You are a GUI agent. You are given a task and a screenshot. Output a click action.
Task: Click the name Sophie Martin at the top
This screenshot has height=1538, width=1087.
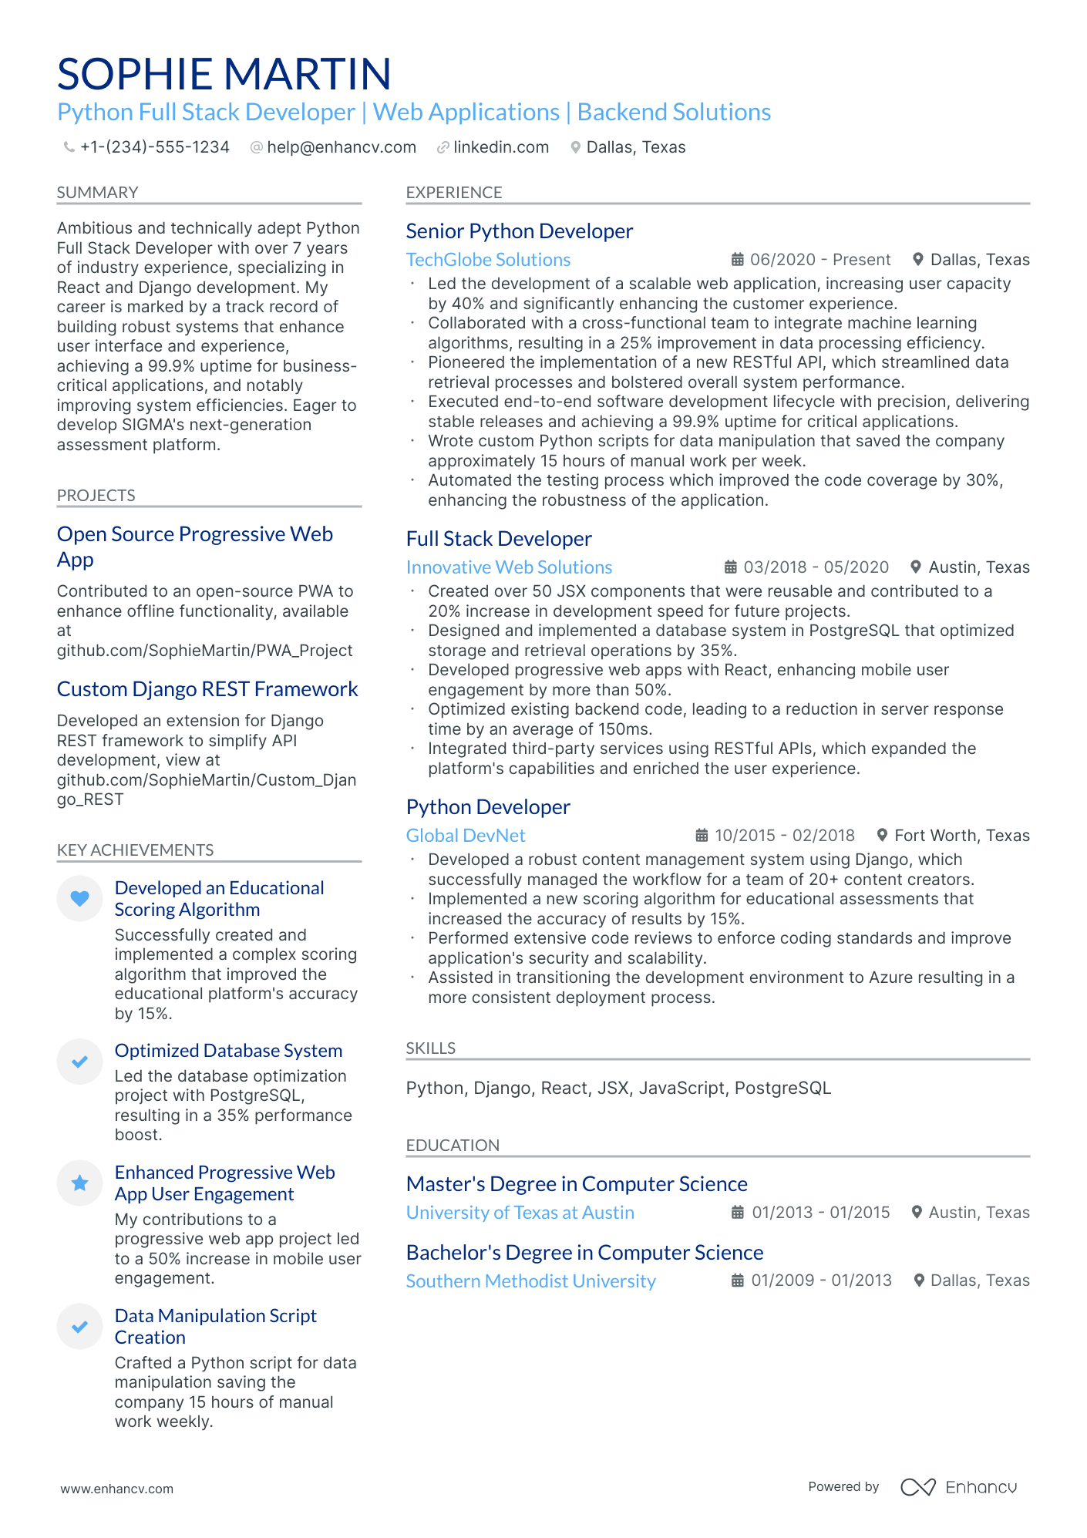click(224, 74)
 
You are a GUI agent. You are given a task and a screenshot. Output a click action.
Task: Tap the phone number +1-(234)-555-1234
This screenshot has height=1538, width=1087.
click(154, 147)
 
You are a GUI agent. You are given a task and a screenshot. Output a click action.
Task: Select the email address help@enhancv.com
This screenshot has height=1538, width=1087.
click(341, 147)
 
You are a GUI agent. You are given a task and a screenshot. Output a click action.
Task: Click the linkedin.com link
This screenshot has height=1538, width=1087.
click(500, 147)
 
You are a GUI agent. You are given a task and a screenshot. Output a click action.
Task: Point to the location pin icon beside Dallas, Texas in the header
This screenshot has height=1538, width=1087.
click(575, 147)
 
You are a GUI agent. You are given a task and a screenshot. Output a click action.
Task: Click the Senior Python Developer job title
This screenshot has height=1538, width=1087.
click(519, 231)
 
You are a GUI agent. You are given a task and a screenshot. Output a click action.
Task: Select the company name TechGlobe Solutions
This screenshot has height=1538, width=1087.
click(488, 260)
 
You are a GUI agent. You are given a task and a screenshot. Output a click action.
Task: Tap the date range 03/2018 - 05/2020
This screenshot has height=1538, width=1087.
click(816, 567)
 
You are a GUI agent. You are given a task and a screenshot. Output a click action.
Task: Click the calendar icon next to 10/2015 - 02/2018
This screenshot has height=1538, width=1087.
click(702, 836)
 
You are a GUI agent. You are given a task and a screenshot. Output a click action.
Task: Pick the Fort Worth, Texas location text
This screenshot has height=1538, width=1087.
click(961, 836)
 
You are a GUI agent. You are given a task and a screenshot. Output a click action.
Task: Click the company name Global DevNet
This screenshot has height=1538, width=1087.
click(466, 836)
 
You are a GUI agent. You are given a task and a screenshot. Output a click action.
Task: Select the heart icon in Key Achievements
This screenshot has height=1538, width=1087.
click(79, 898)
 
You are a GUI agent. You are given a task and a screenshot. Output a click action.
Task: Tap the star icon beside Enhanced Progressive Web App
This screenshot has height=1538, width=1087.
click(79, 1183)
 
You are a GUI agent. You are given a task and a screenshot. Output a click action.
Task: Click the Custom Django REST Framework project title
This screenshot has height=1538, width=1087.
click(207, 689)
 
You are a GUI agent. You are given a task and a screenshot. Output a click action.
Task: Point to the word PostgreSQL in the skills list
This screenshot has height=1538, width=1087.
click(782, 1088)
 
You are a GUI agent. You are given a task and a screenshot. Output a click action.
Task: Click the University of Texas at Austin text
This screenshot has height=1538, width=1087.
click(520, 1213)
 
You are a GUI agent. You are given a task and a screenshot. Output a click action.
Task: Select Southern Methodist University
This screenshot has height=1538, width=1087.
click(530, 1281)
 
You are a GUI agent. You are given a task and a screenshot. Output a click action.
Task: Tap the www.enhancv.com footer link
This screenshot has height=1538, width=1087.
click(117, 1489)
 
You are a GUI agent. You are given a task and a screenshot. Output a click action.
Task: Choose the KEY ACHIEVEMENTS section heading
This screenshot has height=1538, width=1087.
click(135, 850)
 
